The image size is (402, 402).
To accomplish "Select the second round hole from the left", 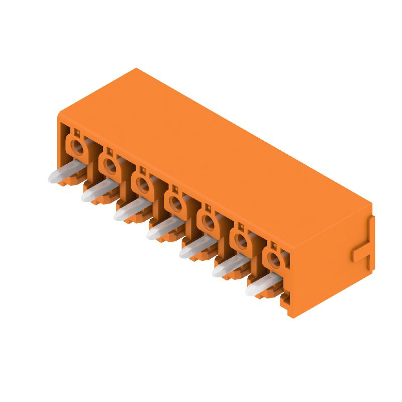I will tap(110, 164).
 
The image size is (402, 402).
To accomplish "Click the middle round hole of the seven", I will tap(176, 203).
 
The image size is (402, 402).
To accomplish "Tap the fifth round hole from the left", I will tap(209, 221).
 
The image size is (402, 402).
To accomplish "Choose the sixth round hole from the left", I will tap(241, 240).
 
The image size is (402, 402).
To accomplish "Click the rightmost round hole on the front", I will tap(274, 259).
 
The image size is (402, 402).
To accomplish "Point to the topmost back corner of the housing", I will tap(136, 69).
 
